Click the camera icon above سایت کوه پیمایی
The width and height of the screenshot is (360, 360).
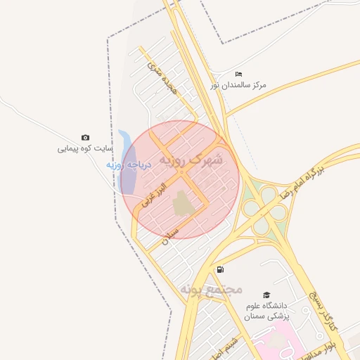86,138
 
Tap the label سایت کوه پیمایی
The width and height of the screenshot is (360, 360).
85,149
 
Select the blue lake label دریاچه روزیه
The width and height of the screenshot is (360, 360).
124,165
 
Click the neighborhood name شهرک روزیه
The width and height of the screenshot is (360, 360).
190,160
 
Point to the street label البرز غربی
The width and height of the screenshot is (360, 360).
153,193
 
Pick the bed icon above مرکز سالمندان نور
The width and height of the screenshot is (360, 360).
238,74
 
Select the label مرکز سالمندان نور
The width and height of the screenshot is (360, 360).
238,85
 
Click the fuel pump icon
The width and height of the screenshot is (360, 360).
221,269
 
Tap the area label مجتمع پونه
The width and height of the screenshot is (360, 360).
211,289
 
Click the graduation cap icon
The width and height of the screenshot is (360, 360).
266,295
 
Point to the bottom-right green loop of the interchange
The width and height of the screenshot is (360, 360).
278,212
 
